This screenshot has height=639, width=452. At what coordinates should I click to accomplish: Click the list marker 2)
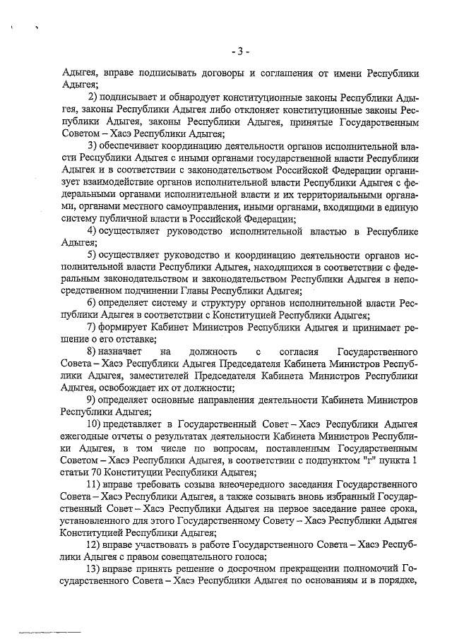click(93, 97)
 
